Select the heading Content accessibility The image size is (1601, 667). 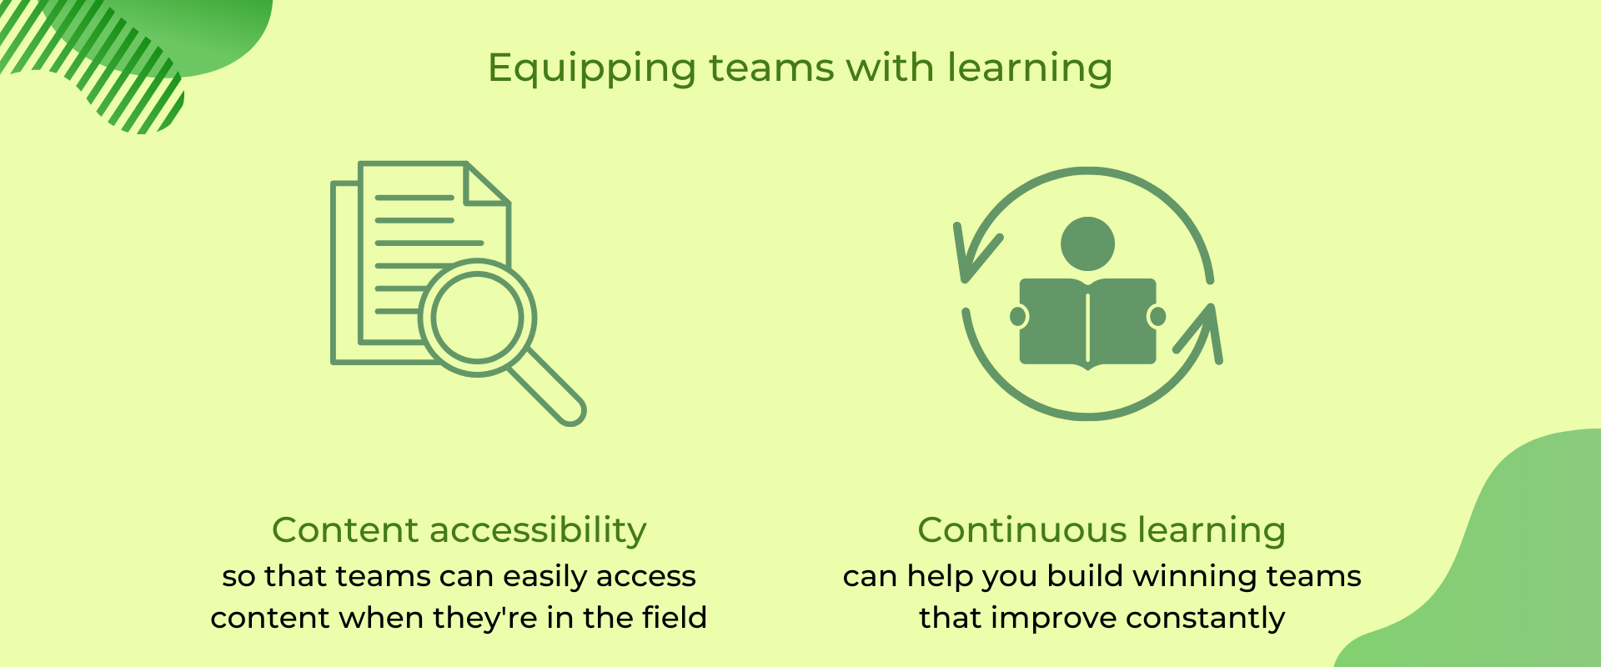459,530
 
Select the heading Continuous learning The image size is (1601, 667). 1102,530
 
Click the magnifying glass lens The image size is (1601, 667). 477,318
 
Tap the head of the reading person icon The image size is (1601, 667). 1087,243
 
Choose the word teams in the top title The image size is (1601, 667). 771,68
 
